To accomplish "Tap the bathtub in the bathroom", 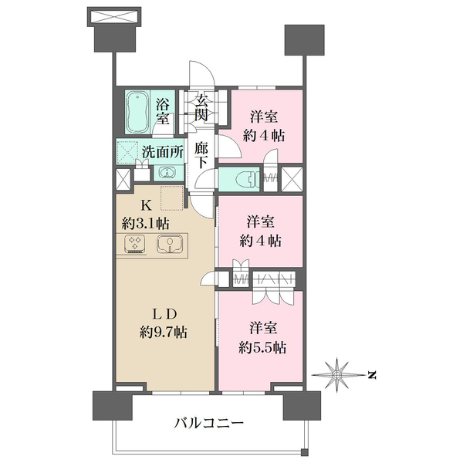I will (139, 113).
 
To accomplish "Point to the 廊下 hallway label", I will (201, 154).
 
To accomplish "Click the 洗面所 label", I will (162, 151).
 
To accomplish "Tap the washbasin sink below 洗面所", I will (146, 173).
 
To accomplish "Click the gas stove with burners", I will (136, 245).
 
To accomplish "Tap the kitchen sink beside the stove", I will (167, 245).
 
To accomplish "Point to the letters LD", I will (165, 315).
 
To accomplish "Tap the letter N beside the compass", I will (372, 376).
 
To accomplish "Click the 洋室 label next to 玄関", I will (264, 117).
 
